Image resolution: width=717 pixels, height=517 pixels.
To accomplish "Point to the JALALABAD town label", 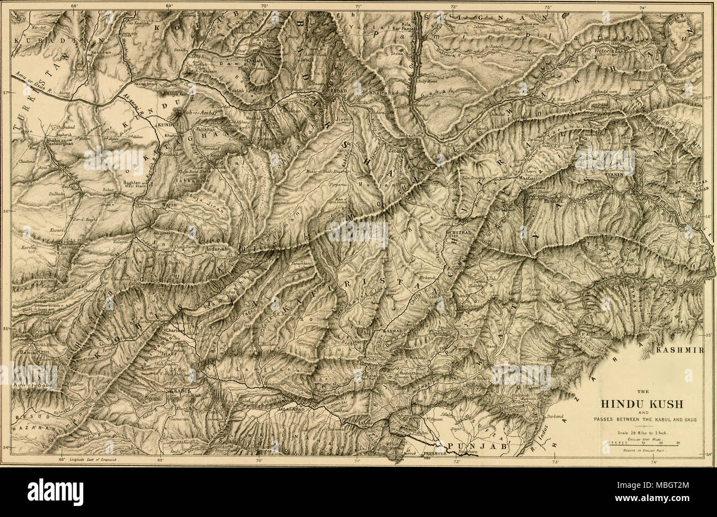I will click(x=293, y=411).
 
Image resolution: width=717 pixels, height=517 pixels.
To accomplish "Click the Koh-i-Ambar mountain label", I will click(x=197, y=113).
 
